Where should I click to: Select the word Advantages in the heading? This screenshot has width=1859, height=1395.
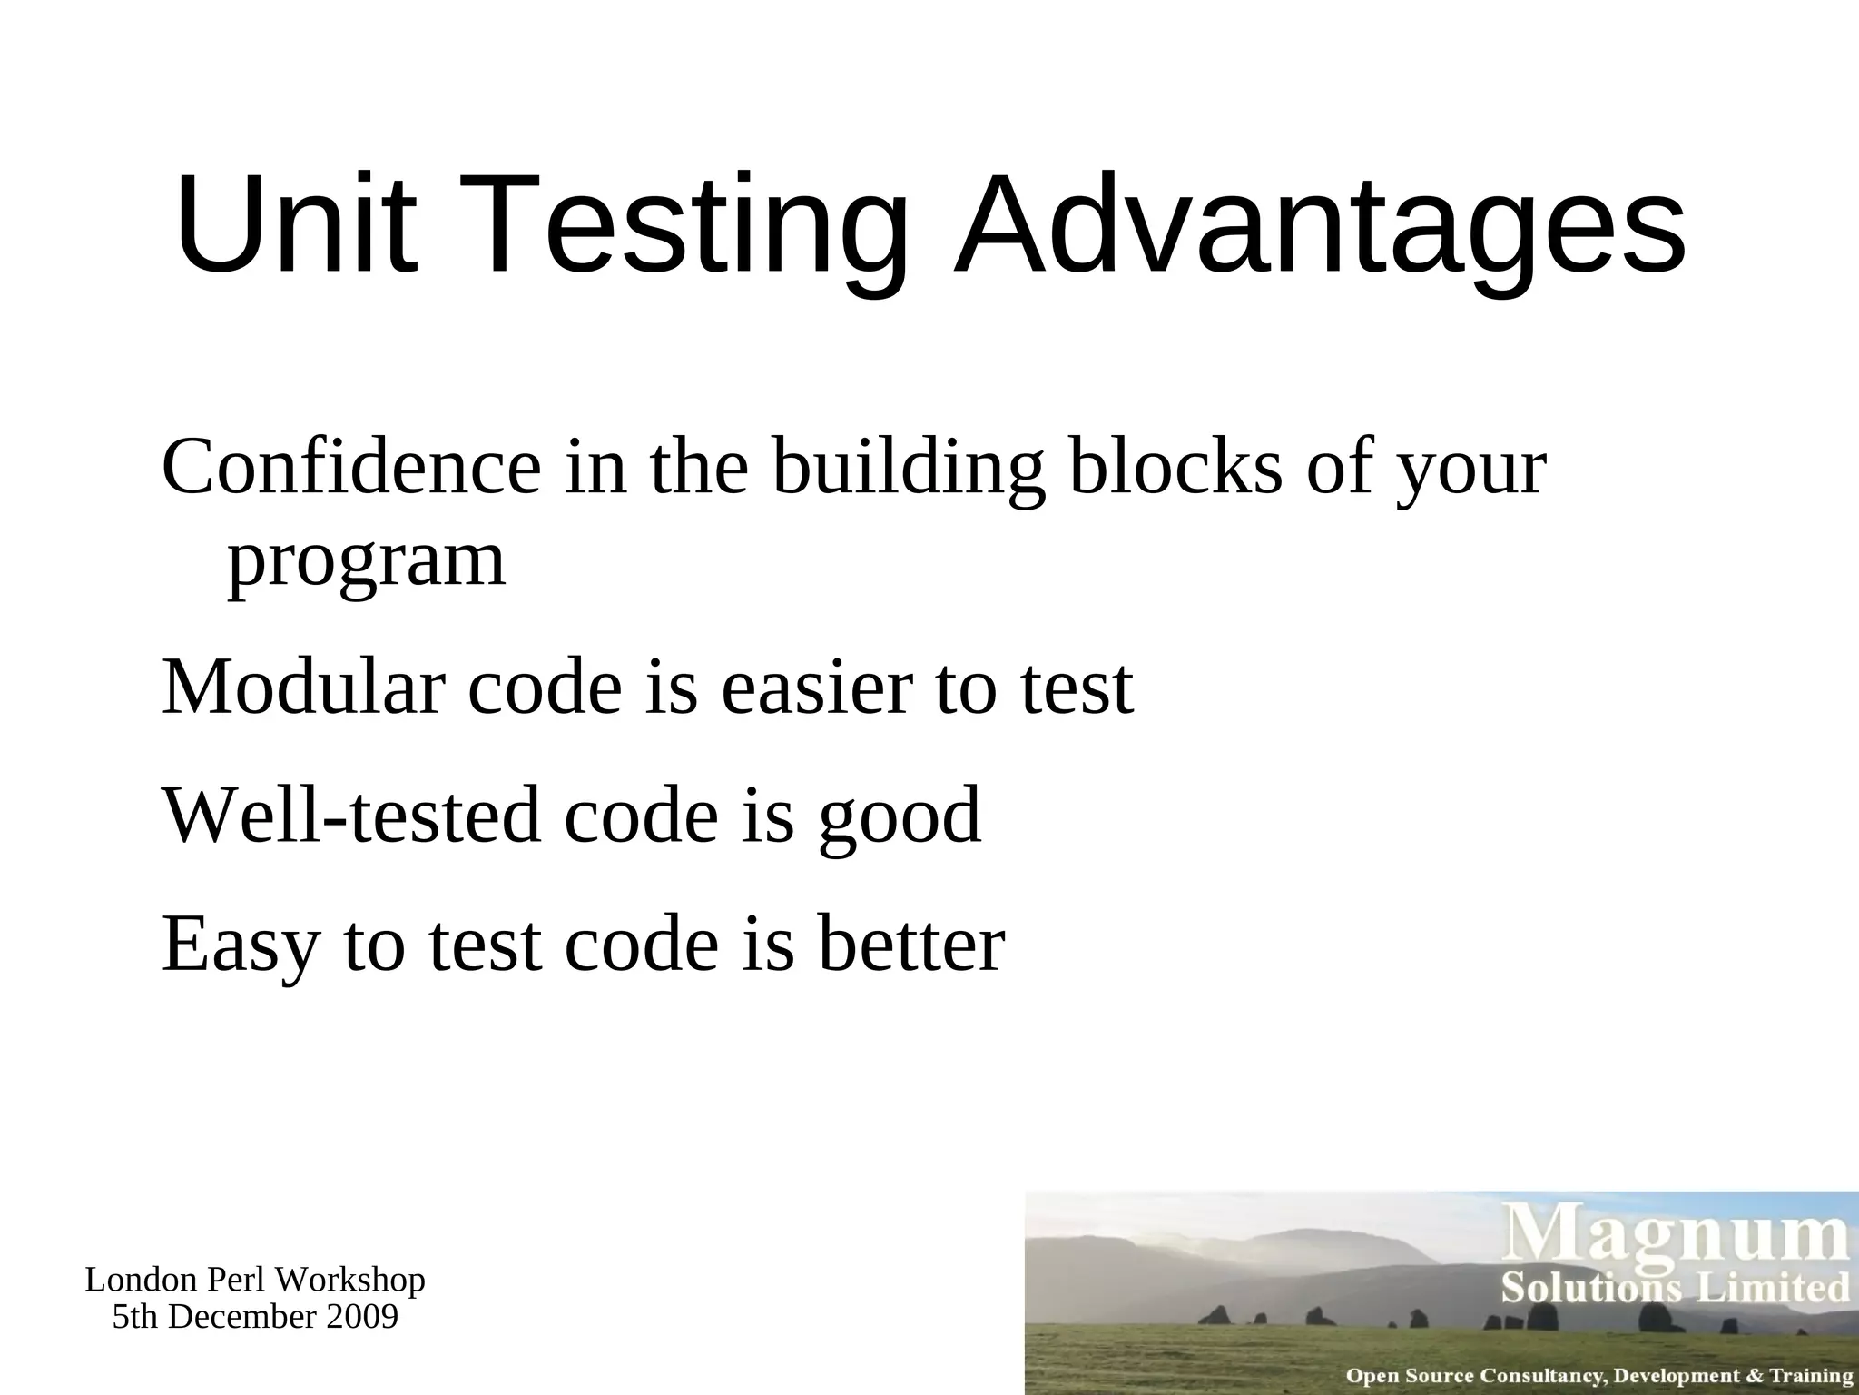coord(1319,227)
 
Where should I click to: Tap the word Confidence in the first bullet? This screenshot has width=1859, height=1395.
coord(351,467)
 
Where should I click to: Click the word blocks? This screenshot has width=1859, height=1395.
coord(1176,467)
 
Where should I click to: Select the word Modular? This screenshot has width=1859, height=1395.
coord(303,687)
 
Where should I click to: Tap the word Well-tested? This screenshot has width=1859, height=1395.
coord(351,815)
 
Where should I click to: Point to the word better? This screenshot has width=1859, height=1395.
coord(911,944)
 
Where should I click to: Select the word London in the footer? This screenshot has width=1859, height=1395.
coord(142,1281)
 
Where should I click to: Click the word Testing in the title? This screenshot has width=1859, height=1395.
coord(683,227)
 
